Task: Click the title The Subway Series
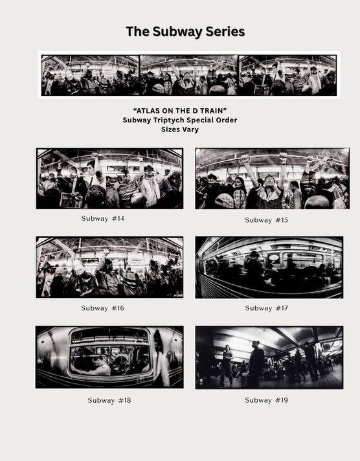coord(185,31)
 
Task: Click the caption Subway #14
coord(103,218)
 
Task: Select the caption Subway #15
coord(266,220)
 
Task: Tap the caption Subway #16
coord(102,308)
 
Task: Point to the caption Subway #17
coord(266,308)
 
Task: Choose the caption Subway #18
coord(109,400)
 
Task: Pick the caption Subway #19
coord(266,400)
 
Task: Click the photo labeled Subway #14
coord(109,178)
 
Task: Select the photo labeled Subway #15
coord(272,179)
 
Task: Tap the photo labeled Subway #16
coord(109,267)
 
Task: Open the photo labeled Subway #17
coord(269,267)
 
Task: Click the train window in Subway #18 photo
coord(110,353)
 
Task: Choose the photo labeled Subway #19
coord(269,357)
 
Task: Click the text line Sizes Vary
coord(180,129)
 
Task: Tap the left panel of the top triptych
coord(90,75)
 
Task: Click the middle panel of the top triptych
coord(188,75)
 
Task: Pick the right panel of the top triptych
coord(287,75)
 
